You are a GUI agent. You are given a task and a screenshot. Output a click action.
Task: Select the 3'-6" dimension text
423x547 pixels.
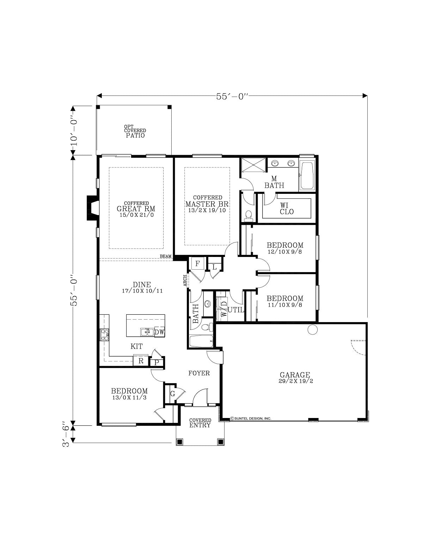tap(66, 434)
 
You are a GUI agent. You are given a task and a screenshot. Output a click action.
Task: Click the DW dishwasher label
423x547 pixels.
tap(159, 332)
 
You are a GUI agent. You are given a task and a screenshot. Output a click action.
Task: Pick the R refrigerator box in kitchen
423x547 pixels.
tap(141, 361)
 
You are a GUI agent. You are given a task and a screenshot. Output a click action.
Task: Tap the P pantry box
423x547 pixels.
tap(157, 362)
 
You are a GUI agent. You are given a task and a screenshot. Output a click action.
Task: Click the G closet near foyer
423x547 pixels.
tap(173, 394)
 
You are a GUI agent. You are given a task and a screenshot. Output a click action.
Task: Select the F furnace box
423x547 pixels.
tap(197, 264)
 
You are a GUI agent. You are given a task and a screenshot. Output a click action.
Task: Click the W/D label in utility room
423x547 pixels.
tap(223, 309)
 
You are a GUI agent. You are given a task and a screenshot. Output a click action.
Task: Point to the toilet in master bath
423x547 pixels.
tap(249, 215)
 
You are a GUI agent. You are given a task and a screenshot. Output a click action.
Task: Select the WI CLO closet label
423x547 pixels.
tap(286, 209)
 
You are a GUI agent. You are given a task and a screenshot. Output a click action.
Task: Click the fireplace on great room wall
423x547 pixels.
tap(92, 208)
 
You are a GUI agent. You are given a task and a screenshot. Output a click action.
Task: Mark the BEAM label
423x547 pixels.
tap(166, 256)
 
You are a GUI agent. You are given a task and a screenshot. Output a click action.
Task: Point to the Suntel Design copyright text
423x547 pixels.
tap(251, 418)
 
